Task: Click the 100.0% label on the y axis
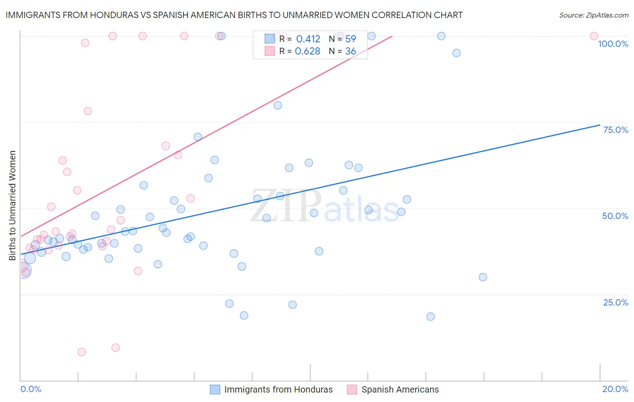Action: [613, 44]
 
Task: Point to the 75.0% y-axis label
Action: [616, 130]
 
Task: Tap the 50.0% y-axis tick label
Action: [615, 216]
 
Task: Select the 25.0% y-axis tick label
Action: [616, 302]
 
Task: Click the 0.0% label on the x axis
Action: [31, 389]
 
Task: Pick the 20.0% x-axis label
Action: [615, 389]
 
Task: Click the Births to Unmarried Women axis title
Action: [12, 206]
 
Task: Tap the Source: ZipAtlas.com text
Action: [593, 15]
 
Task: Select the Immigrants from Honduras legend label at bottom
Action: [278, 389]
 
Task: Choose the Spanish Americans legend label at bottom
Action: [400, 389]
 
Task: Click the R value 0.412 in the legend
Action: [308, 39]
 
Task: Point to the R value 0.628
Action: [308, 51]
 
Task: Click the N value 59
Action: [350, 39]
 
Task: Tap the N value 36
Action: [350, 51]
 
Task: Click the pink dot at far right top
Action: [594, 36]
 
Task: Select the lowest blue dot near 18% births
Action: [431, 317]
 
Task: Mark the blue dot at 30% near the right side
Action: [483, 277]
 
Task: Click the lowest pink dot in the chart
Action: [82, 352]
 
